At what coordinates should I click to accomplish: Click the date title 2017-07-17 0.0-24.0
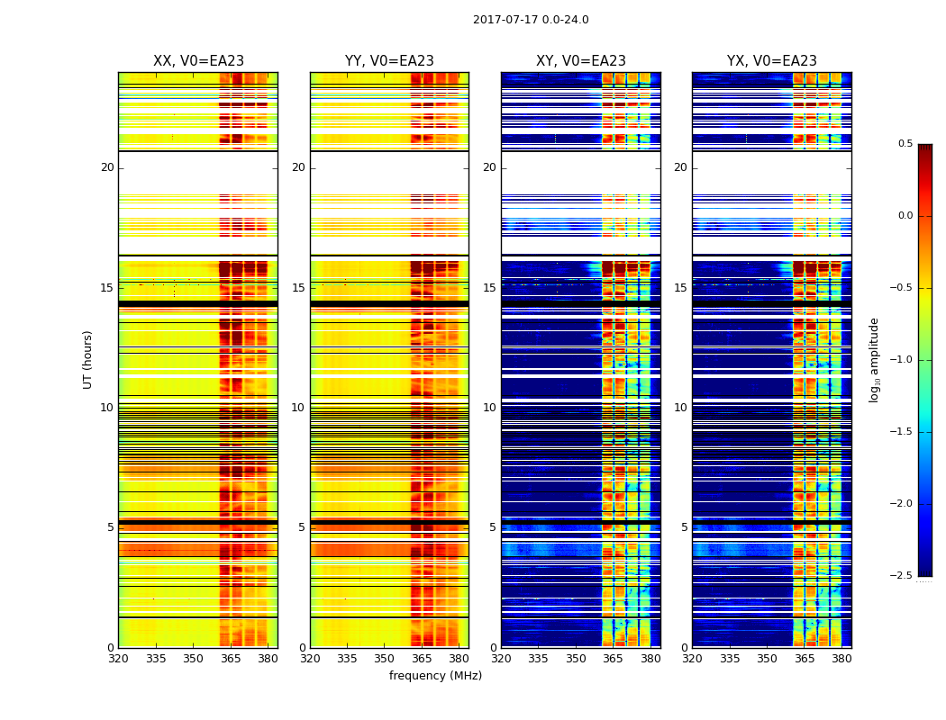click(x=531, y=20)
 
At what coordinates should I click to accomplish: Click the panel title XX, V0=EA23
click(x=198, y=61)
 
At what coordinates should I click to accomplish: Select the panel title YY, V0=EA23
click(x=389, y=61)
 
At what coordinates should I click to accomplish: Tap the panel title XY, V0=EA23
click(x=581, y=61)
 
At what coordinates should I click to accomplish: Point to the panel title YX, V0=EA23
click(x=772, y=61)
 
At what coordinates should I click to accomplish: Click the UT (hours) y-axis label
click(x=87, y=359)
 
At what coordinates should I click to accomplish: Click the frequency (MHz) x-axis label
click(x=435, y=676)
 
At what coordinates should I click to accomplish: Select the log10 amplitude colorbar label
click(x=874, y=359)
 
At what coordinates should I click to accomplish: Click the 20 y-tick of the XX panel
click(x=107, y=167)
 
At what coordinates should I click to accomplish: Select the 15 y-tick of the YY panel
click(x=298, y=288)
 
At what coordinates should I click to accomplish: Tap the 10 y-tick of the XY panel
click(x=489, y=408)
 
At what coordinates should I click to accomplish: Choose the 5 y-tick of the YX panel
click(x=684, y=527)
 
